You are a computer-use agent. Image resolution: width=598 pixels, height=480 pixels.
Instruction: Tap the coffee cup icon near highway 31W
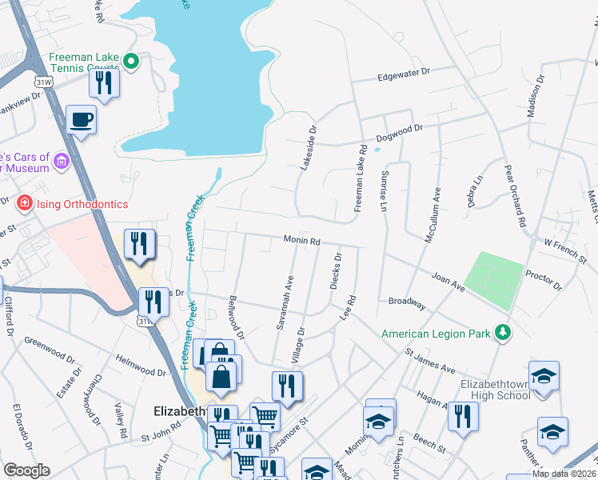[x=81, y=121]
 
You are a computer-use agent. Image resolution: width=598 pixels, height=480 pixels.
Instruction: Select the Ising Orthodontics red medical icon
[x=24, y=204]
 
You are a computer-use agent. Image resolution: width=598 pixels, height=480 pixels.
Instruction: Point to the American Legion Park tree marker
[x=502, y=332]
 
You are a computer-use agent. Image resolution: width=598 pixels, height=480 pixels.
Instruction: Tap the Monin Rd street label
[x=301, y=240]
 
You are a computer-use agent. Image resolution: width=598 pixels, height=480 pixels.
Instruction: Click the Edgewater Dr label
[x=404, y=74]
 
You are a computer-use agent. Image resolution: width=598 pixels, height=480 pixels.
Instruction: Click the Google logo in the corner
[x=26, y=470]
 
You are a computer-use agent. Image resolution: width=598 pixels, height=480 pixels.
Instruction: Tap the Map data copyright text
[x=564, y=474]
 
